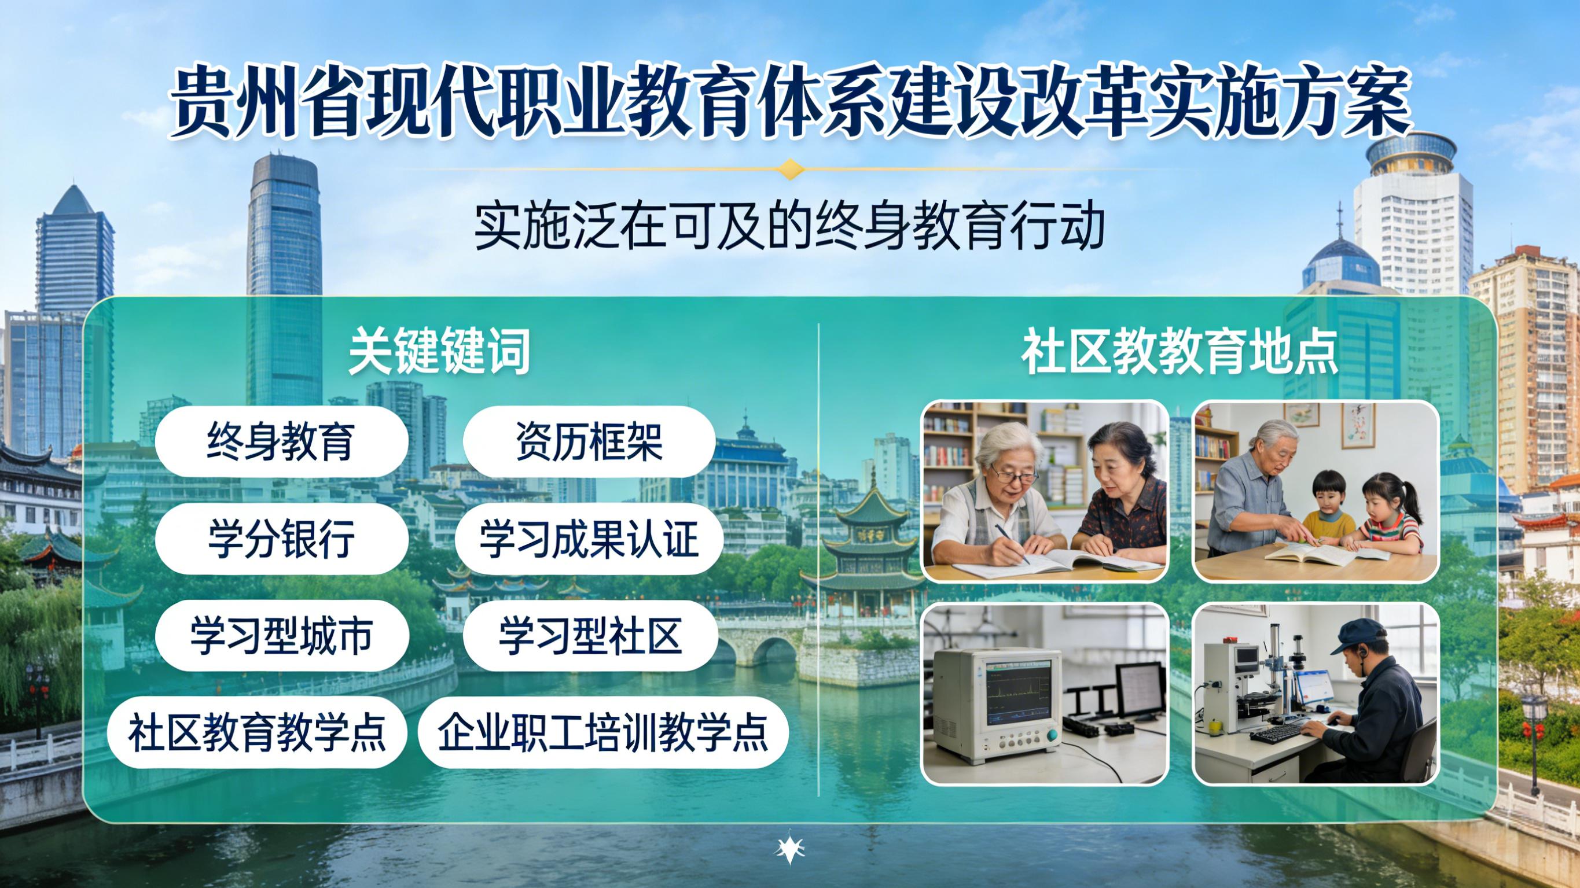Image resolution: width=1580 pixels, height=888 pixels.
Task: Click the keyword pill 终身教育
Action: click(x=281, y=441)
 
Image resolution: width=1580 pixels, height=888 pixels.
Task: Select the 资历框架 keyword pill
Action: click(x=589, y=441)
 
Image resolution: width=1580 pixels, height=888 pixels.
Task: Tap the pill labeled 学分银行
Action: click(x=281, y=539)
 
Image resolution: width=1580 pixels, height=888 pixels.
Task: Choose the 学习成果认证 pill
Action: click(x=589, y=539)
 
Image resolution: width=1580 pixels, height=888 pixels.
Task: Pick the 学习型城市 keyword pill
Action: click(x=281, y=636)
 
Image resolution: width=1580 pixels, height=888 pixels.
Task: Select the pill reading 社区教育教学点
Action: click(x=257, y=732)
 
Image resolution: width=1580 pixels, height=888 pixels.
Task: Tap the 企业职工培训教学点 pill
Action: click(x=603, y=732)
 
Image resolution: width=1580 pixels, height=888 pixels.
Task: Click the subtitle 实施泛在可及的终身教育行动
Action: click(x=789, y=226)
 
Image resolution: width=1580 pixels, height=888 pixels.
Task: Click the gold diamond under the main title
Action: click(x=790, y=169)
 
